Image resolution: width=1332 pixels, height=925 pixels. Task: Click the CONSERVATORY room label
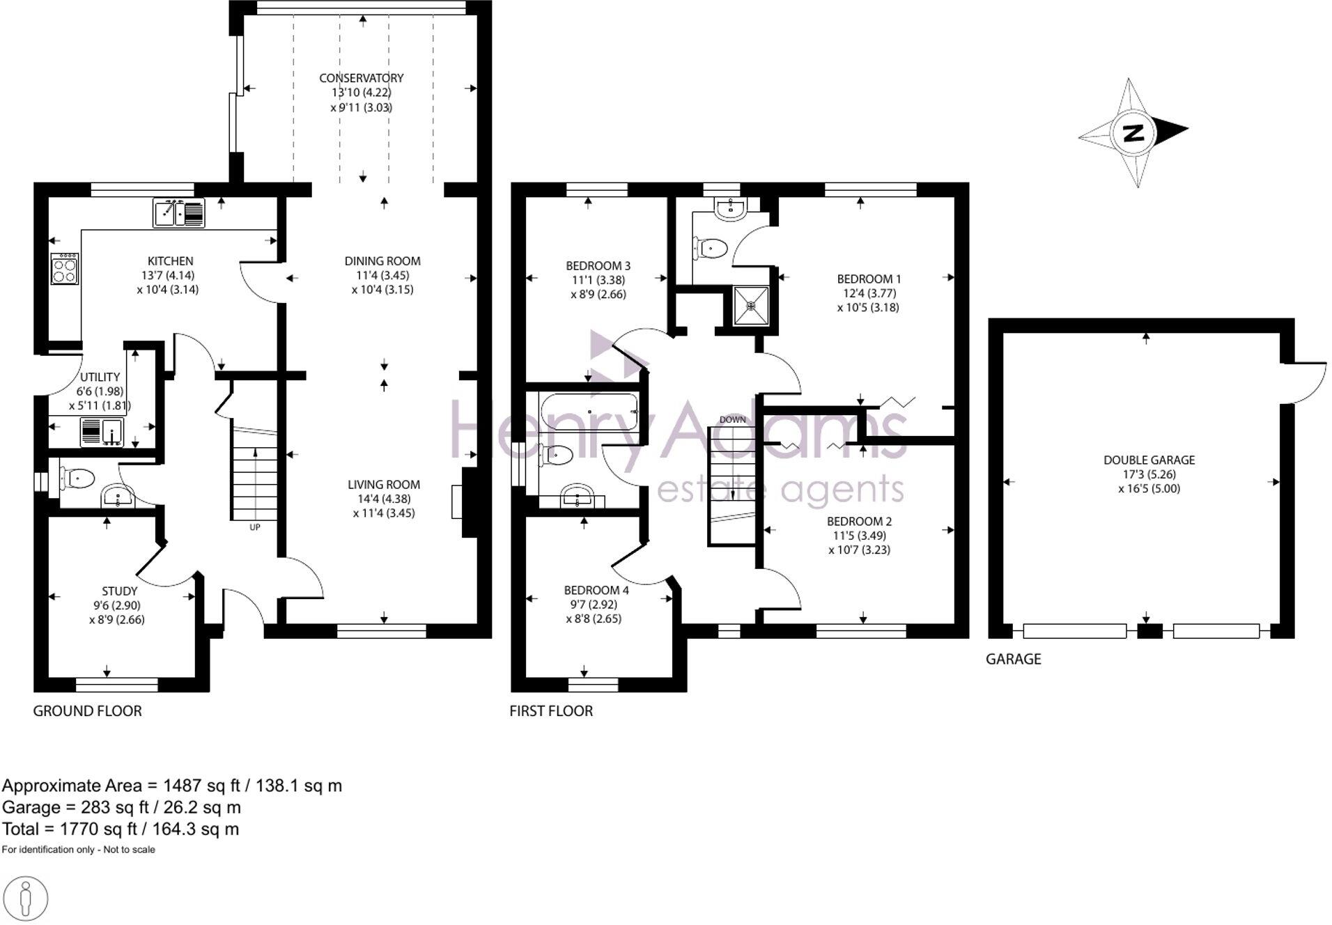(x=361, y=78)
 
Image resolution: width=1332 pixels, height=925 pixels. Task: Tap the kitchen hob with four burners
(x=65, y=269)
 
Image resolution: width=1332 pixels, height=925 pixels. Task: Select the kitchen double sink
(x=179, y=213)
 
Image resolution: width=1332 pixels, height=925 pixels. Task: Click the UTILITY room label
(x=100, y=377)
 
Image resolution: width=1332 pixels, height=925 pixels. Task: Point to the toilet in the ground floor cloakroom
(x=78, y=479)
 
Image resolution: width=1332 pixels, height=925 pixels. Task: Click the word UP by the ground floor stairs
(x=255, y=527)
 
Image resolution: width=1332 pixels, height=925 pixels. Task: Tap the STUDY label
(x=119, y=591)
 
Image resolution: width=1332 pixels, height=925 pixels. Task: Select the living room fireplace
(x=463, y=502)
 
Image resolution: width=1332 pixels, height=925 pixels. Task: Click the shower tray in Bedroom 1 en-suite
(x=751, y=305)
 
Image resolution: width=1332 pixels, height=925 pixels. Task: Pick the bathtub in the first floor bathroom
(x=589, y=412)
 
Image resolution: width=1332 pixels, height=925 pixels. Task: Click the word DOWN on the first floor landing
(x=732, y=419)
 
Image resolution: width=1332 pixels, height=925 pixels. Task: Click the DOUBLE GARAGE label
(x=1149, y=460)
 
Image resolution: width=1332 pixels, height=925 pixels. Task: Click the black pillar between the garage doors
(x=1149, y=632)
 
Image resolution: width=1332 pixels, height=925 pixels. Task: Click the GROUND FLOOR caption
(x=88, y=711)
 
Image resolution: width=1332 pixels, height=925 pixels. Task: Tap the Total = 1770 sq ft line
(x=121, y=830)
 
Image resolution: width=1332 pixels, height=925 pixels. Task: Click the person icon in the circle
(x=26, y=899)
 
